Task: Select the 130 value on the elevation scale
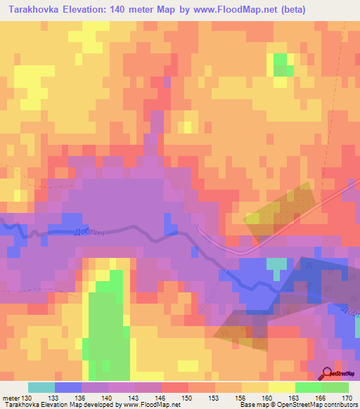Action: tap(27, 399)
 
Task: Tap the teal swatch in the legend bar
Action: tap(41, 387)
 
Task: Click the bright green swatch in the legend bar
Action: tap(308, 387)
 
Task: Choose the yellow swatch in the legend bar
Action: tap(281, 387)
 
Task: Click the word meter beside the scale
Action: tap(11, 399)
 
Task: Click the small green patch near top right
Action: tap(283, 65)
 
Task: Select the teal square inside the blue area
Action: tap(276, 266)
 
